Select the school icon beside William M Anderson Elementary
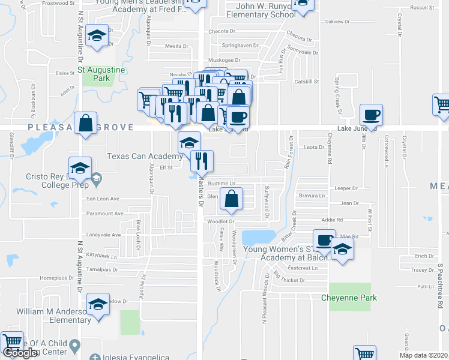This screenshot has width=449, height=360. point(98,302)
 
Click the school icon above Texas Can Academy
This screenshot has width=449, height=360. point(189,143)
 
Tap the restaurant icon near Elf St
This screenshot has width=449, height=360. point(202,160)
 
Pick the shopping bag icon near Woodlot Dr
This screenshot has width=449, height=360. point(231,199)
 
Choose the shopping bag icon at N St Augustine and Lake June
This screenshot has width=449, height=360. point(86,122)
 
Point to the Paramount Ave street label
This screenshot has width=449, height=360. point(105,213)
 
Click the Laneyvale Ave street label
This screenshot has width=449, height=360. point(104,235)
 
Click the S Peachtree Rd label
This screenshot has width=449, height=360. point(440,286)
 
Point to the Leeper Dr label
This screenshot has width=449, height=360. point(346,188)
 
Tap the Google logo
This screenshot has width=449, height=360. point(19,353)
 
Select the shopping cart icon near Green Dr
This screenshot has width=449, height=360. point(364,353)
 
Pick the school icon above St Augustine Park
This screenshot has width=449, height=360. point(97,35)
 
